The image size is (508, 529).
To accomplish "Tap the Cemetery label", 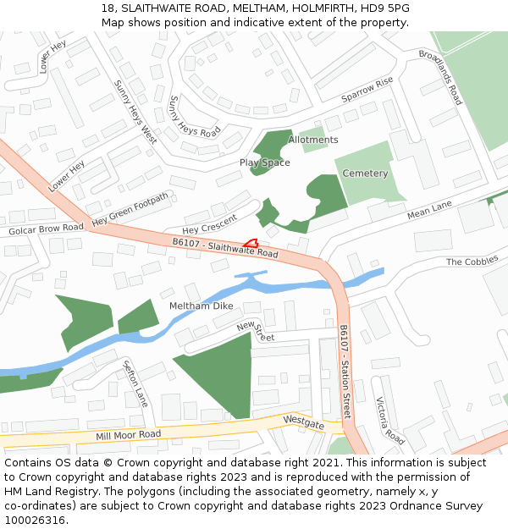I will (x=365, y=174).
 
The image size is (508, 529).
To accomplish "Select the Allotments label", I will (x=313, y=140).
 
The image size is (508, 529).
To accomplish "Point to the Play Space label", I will (x=264, y=163).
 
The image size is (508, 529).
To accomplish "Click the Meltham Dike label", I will (x=201, y=306).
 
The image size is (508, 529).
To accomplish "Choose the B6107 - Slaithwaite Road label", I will (x=225, y=248).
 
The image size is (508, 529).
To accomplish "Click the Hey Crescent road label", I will (x=209, y=224).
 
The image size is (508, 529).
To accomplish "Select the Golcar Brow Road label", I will (x=46, y=229).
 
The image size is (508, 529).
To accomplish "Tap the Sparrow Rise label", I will (x=367, y=90).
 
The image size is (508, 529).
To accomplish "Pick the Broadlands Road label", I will (x=440, y=77).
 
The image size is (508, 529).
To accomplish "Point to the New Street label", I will (x=256, y=331).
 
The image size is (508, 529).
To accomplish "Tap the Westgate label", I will (x=303, y=420).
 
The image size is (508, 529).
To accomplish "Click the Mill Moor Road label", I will (x=128, y=435).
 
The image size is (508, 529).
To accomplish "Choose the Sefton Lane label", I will (x=135, y=383).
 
